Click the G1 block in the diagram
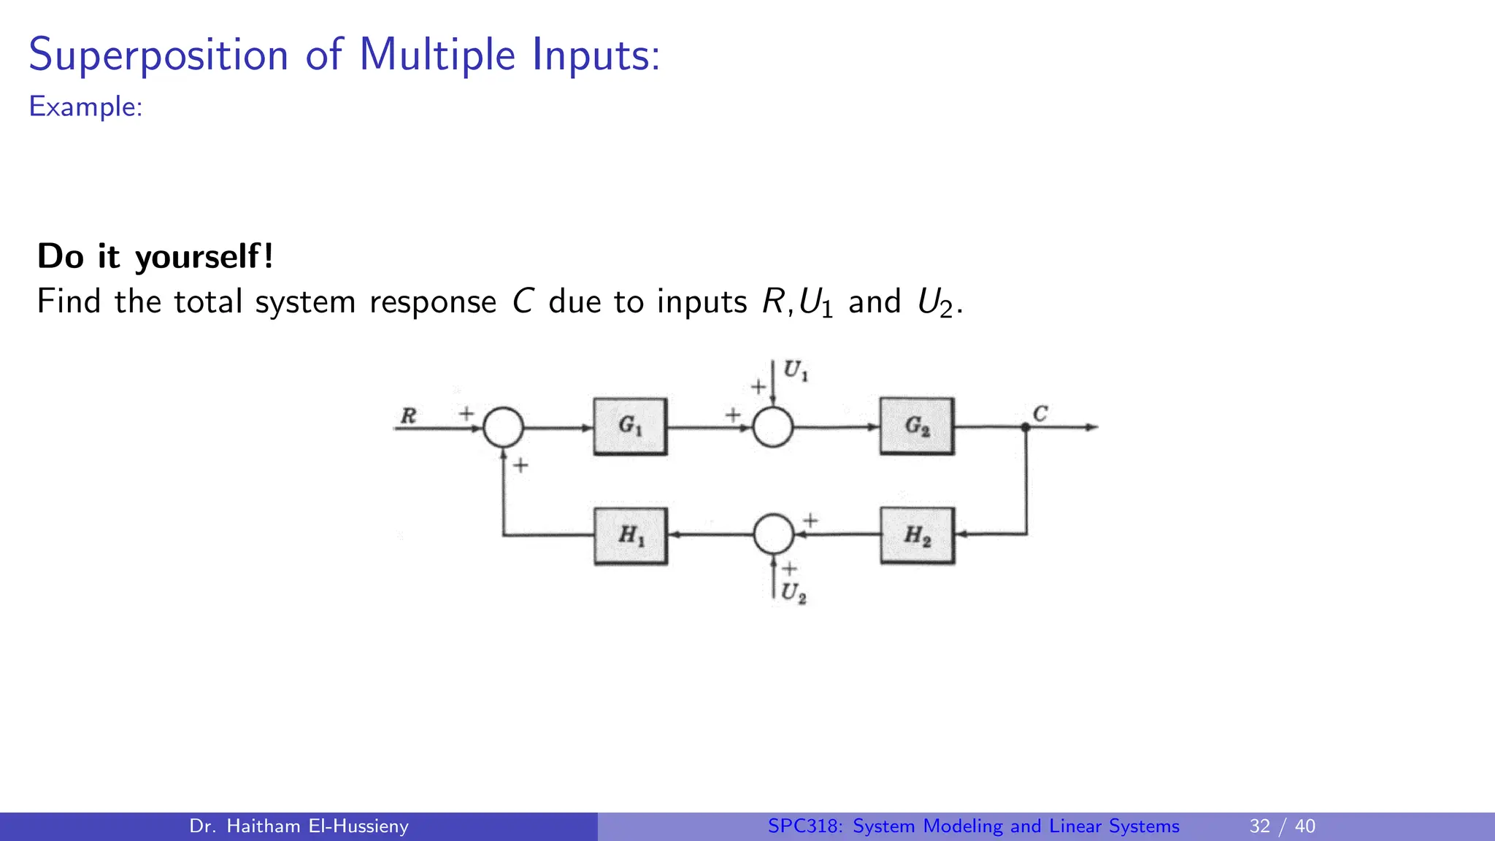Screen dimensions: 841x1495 coord(630,426)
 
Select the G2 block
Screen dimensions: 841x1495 coord(917,426)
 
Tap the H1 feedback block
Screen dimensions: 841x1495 coord(631,536)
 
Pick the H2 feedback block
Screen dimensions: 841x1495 coord(918,536)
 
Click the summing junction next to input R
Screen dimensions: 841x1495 coord(503,427)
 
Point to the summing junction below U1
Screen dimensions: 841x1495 coord(773,427)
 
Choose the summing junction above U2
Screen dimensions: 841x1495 coord(774,534)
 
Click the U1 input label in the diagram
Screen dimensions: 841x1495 coord(795,371)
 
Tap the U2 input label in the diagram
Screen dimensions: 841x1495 coord(793,593)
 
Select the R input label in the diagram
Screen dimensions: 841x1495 coord(408,416)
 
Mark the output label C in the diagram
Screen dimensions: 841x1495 coord(1040,414)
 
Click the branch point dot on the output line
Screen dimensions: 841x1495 coord(1026,427)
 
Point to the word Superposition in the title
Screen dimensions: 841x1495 coord(158,55)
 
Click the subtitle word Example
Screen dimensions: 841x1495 coord(84,107)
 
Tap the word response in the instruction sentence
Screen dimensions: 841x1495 coord(433,302)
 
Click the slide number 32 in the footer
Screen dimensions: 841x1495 coord(1260,826)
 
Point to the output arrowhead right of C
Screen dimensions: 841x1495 coord(1092,427)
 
